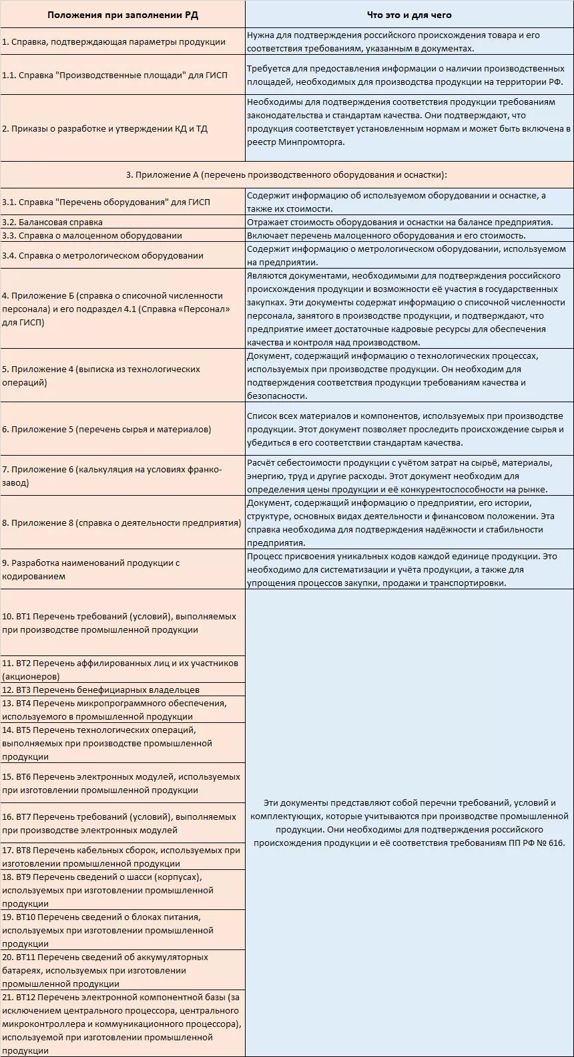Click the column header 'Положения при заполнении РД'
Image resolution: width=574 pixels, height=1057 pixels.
click(122, 14)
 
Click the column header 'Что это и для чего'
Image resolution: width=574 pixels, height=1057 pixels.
click(409, 14)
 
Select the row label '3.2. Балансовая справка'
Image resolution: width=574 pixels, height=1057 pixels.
click(53, 222)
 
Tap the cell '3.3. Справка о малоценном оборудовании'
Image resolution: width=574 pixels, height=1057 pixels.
click(92, 235)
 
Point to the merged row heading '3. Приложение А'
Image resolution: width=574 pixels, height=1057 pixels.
click(286, 175)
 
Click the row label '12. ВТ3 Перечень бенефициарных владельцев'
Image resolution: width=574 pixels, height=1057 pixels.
click(101, 690)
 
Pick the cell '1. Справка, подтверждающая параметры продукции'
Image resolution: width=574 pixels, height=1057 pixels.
click(113, 41)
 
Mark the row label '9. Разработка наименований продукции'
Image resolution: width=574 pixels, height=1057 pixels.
click(91, 569)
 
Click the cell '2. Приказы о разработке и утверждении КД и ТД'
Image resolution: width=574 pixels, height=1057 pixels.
click(105, 128)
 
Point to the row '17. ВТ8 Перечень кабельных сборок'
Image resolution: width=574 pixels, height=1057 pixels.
click(121, 857)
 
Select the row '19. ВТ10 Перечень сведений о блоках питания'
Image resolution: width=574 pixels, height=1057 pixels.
click(107, 930)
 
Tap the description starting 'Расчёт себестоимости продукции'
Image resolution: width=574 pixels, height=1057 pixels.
click(408, 476)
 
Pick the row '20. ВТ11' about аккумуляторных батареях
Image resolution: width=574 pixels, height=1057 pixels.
click(105, 970)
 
